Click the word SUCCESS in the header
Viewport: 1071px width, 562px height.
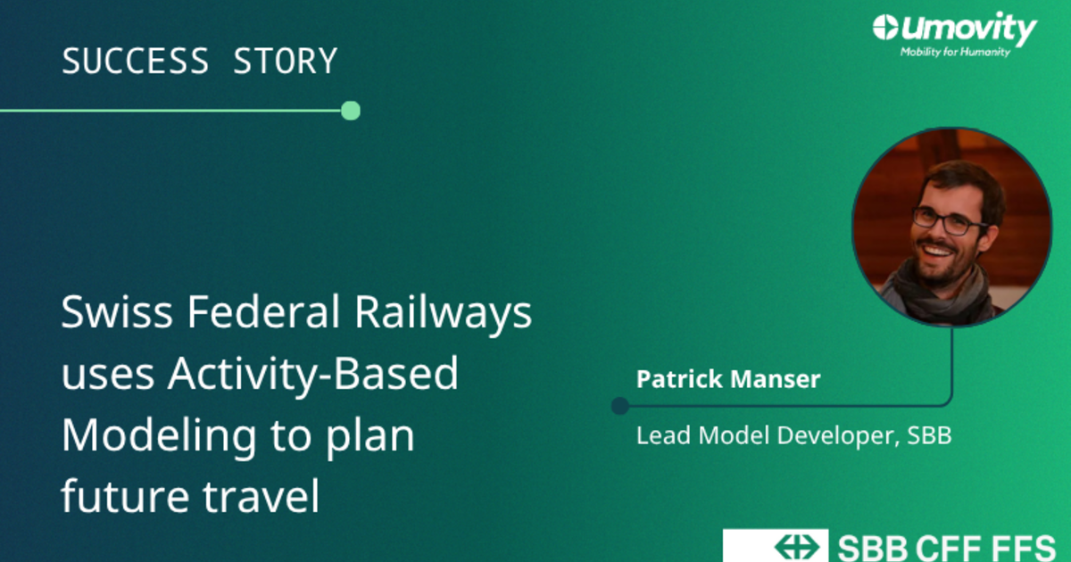tap(136, 61)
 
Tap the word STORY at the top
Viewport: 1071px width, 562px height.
tap(286, 61)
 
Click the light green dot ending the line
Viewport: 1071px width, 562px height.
tap(351, 111)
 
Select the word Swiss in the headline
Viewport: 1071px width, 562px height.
tap(117, 311)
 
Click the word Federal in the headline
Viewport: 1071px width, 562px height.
tap(263, 311)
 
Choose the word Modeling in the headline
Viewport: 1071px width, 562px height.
tap(159, 438)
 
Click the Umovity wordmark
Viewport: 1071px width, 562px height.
tap(968, 29)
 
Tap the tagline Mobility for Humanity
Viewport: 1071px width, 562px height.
tap(955, 52)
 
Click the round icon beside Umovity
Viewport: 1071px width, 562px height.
tap(885, 28)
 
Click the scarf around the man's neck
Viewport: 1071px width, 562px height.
tap(937, 292)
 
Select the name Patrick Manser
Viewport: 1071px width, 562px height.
tap(728, 379)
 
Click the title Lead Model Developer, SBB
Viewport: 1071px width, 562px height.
tap(793, 436)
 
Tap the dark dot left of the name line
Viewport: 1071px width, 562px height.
tap(620, 406)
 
